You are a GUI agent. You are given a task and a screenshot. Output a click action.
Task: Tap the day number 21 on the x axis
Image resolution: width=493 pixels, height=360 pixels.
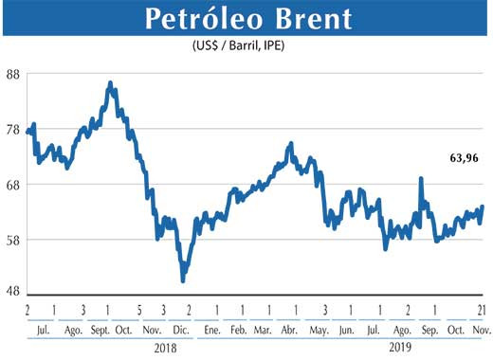[x=482, y=310]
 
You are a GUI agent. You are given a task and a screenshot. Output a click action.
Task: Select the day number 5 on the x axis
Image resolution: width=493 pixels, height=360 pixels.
[x=138, y=310]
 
